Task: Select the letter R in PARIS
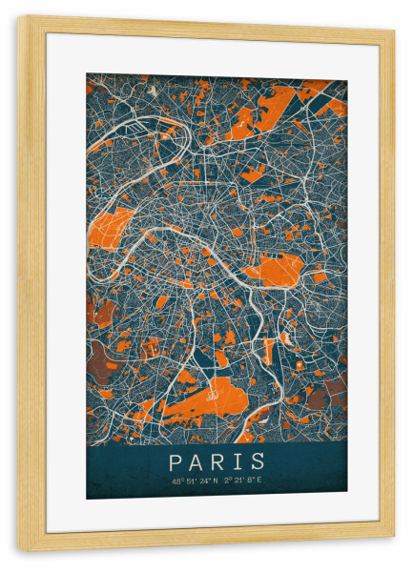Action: [218, 461]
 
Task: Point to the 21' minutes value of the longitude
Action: [238, 480]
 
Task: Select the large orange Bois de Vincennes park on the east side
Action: [278, 266]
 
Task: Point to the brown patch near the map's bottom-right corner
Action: [334, 386]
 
